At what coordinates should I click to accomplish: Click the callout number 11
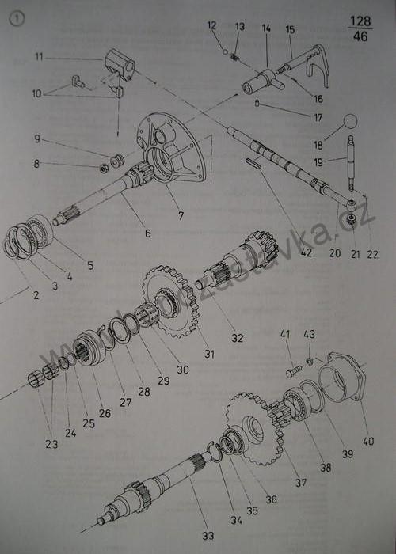pos(38,56)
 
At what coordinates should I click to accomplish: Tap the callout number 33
pos(208,536)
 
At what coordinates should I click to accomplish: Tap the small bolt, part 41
pos(294,369)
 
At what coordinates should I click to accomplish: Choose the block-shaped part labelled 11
pos(117,64)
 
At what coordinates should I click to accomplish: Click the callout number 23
pos(52,445)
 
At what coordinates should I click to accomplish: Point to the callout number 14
pos(266,28)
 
